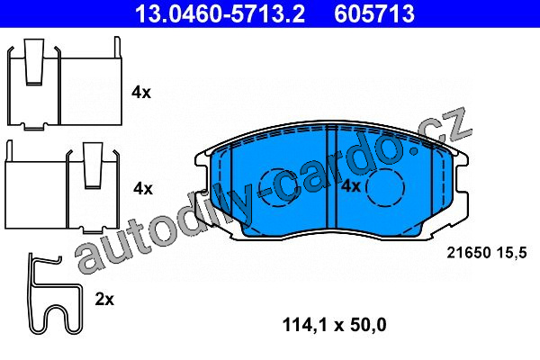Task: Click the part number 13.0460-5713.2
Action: coord(220,13)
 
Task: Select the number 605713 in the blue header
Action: coord(374,13)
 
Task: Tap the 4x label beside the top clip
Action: coord(141,93)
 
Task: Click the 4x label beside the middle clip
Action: coord(143,188)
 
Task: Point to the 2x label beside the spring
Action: coord(104,300)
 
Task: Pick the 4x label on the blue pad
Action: coord(351,186)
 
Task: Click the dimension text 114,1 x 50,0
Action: coord(334,325)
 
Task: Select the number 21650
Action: coord(468,253)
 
